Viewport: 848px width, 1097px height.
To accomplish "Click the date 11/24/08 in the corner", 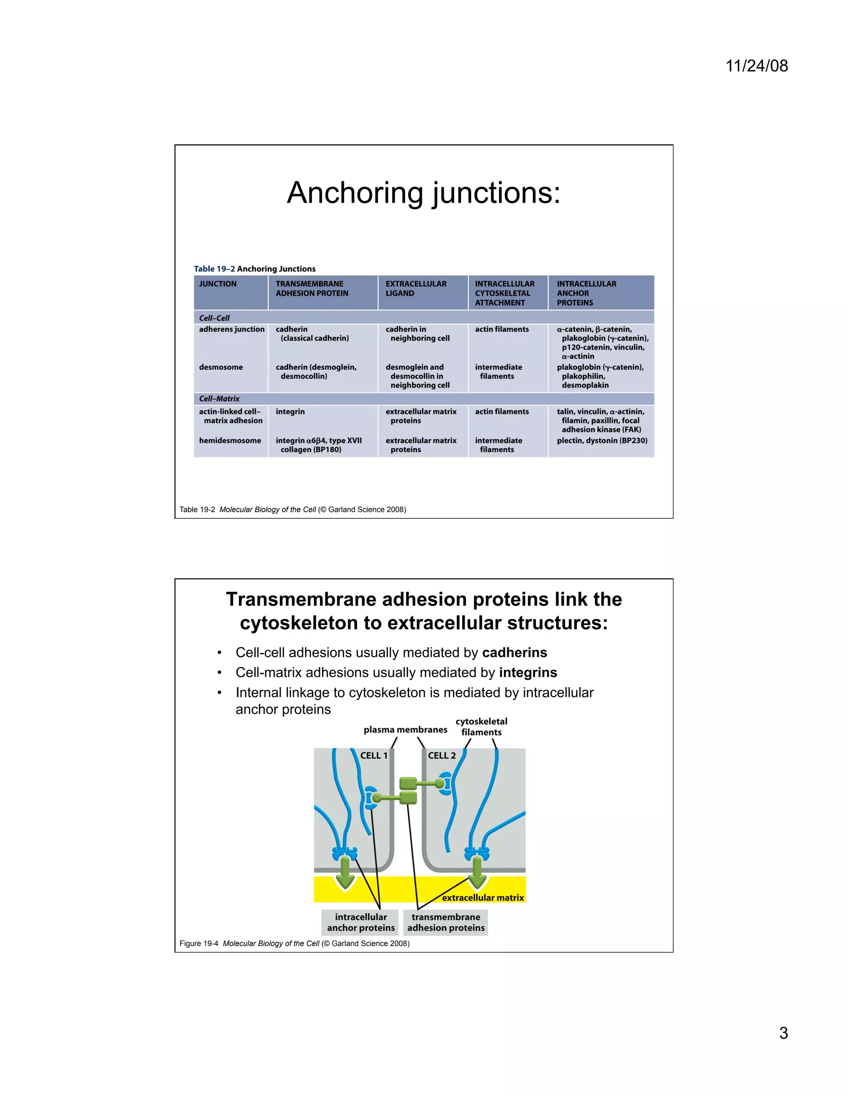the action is pos(756,66).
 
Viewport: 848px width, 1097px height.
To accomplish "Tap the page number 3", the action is pos(783,1033).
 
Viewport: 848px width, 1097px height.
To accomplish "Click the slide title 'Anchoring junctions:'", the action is pos(424,192).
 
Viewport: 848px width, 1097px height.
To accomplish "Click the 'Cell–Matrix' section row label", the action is pos(219,398).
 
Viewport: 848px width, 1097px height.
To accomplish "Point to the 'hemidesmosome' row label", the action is pos(230,440).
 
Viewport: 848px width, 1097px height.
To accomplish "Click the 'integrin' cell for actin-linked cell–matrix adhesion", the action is pos(290,411).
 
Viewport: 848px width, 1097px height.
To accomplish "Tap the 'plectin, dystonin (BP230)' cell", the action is pos(602,440).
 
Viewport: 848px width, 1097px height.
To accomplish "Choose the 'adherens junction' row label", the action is pos(231,329).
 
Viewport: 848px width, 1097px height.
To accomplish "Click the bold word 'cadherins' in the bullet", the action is pos(514,652).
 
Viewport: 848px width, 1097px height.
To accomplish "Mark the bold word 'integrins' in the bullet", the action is pos(528,673).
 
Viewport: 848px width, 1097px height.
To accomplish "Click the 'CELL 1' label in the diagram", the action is pos(374,755).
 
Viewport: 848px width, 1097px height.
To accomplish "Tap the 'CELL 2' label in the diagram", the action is pos(441,755).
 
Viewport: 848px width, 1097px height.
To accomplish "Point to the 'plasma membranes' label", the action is pos(405,730).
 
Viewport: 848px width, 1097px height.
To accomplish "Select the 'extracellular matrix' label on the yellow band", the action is pos(483,897).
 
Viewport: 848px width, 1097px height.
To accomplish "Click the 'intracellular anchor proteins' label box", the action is pos(361,922).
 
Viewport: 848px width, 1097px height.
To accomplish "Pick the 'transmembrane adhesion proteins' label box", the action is pos(446,922).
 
